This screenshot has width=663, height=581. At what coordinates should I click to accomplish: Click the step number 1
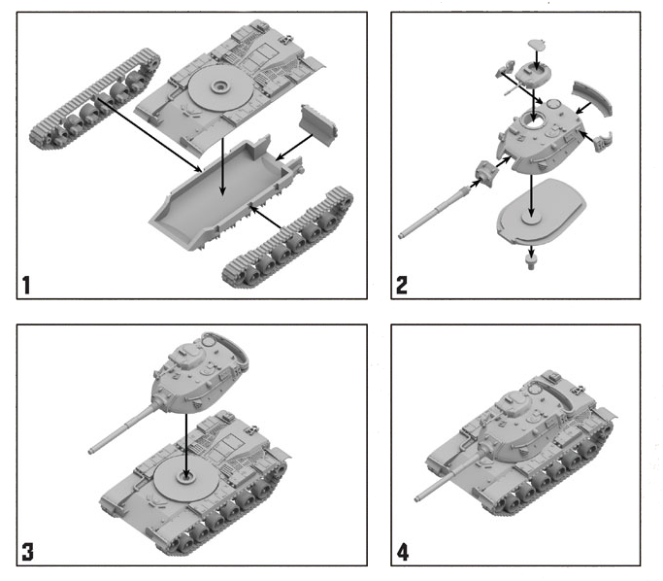point(26,285)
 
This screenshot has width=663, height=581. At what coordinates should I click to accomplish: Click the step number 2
point(401,285)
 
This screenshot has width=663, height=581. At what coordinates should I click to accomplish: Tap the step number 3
point(27,552)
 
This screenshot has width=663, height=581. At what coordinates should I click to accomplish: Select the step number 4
point(403,552)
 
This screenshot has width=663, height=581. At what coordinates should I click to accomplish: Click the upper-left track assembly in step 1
point(95,99)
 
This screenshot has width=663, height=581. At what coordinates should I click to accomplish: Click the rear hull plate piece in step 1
point(318,124)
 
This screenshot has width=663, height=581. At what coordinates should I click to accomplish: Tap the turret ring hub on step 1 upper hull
point(220,86)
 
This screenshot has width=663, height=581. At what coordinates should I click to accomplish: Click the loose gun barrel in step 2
point(435,213)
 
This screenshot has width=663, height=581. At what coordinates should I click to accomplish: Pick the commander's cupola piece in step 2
point(534,73)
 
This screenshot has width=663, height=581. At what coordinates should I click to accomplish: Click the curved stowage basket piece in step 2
point(592,98)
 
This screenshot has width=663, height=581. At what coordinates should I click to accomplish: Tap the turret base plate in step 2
point(542,212)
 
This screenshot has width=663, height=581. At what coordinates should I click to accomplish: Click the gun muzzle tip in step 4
point(416,499)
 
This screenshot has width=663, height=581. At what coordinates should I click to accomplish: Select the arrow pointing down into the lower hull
point(223,167)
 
